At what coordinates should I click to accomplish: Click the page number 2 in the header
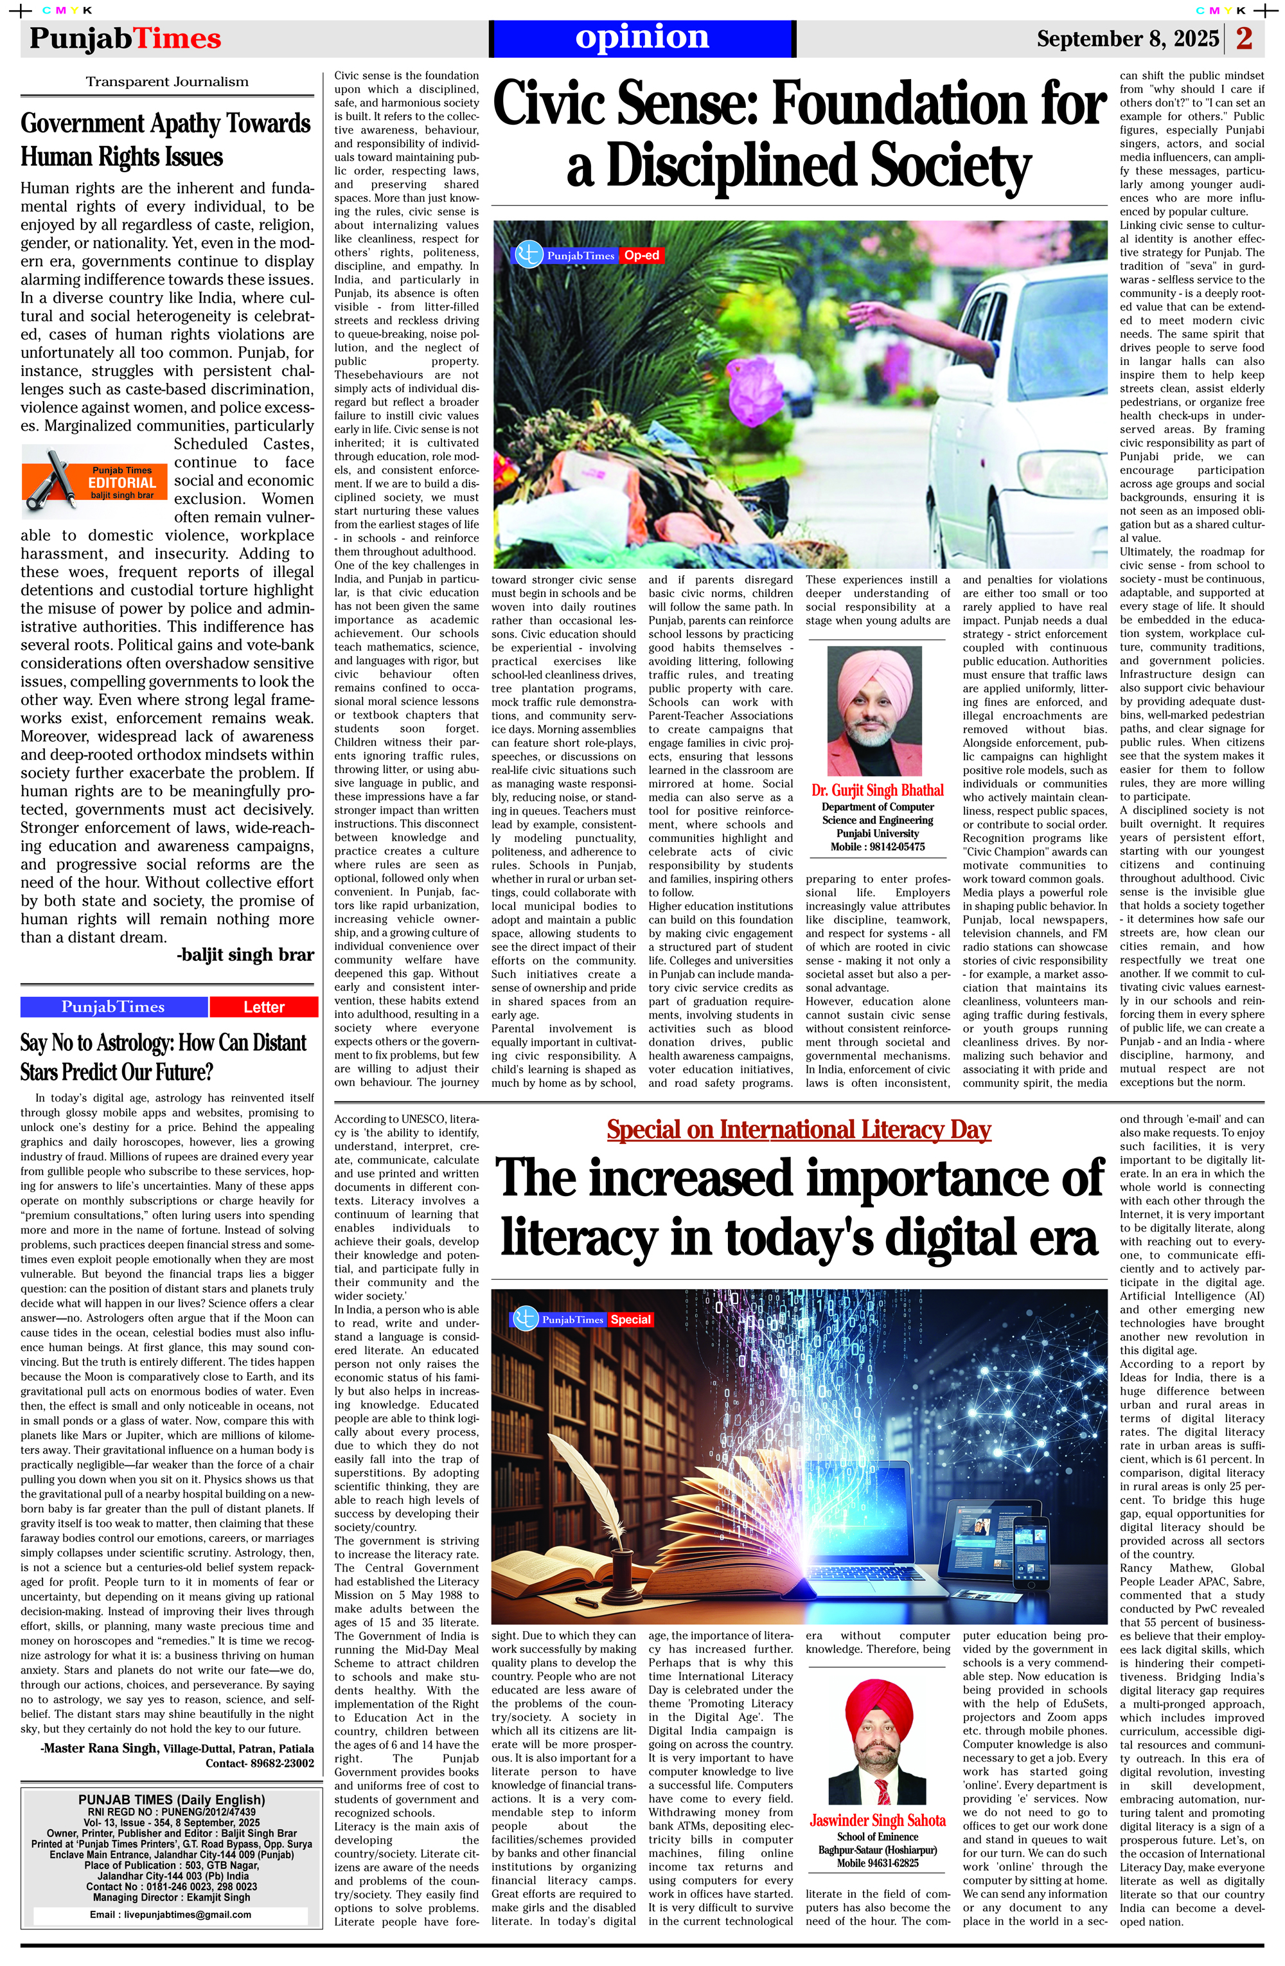pyautogui.click(x=1244, y=38)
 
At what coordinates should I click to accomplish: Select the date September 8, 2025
pyautogui.click(x=1127, y=39)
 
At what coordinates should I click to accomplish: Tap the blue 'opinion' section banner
pyautogui.click(x=642, y=38)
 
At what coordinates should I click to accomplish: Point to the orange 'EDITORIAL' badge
pyautogui.click(x=122, y=483)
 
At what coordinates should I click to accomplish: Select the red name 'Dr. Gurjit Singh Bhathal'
pyautogui.click(x=877, y=790)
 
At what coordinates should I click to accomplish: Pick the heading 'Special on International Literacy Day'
pyautogui.click(x=799, y=1129)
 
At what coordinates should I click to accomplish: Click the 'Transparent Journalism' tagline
pyautogui.click(x=167, y=82)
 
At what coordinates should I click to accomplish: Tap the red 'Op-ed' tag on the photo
pyautogui.click(x=642, y=255)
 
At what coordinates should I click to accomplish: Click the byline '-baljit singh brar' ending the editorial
pyautogui.click(x=245, y=955)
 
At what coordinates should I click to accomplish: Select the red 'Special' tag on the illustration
pyautogui.click(x=630, y=1319)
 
